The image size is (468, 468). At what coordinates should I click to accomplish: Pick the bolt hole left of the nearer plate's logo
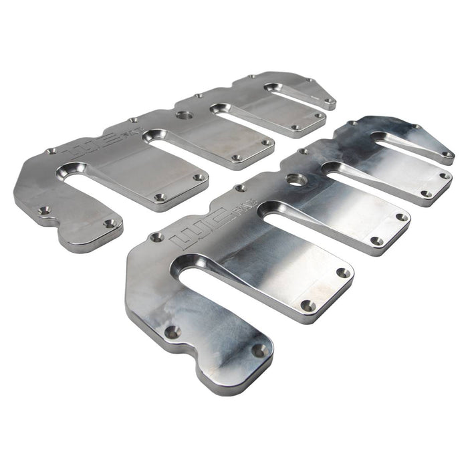(x=157, y=237)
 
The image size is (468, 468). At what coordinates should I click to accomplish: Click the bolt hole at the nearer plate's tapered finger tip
(x=447, y=154)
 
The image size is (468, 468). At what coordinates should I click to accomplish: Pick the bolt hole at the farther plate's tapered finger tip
(x=329, y=102)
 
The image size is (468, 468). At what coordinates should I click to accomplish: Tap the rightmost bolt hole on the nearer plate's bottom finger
(x=257, y=350)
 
